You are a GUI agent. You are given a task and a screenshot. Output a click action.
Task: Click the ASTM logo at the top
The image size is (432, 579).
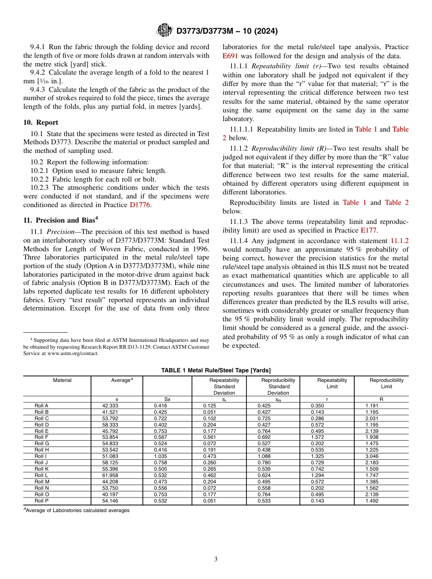164,30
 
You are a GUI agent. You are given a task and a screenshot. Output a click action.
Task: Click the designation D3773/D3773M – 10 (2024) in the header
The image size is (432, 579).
227,31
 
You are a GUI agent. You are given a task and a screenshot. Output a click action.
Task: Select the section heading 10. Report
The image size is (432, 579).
40,122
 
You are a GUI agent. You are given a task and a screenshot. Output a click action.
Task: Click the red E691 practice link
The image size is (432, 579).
230,56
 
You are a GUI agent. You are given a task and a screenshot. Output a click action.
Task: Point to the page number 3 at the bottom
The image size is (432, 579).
216,559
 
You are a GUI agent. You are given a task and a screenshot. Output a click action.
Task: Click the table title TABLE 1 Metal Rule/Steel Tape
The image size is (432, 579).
216,371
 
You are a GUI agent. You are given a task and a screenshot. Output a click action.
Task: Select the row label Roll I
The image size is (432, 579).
40,456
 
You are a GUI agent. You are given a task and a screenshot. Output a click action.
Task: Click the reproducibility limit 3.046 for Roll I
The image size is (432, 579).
372,456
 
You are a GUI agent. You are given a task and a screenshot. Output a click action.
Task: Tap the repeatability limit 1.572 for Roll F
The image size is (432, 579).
318,437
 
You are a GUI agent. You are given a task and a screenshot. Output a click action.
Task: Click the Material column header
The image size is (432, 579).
62,380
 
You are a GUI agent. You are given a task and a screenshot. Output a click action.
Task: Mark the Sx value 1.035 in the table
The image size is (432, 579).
161,456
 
